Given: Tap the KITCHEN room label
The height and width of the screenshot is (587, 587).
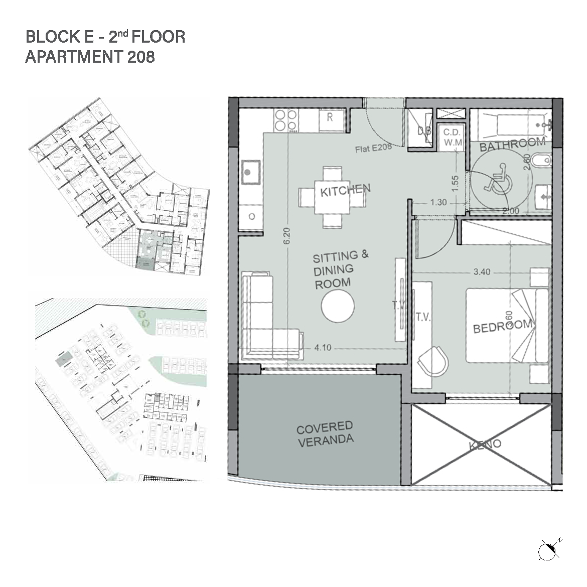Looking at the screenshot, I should tap(345, 191).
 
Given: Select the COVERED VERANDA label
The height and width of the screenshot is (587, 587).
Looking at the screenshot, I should tap(325, 433).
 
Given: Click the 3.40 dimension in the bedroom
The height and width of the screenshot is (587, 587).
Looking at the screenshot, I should tap(482, 272).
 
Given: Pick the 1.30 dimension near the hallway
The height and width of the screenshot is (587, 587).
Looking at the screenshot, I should tap(438, 203).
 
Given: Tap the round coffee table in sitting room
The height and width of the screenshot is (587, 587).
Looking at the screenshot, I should tap(338, 306).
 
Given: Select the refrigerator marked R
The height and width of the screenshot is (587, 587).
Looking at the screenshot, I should tap(331, 119).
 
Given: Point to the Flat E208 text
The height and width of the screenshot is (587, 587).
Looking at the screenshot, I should tap(373, 148).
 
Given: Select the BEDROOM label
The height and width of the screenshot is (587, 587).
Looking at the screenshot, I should tap(503, 326).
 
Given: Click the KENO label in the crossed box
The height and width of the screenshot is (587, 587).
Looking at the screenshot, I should tap(485, 445).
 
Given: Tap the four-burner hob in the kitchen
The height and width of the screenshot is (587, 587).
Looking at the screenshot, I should tap(286, 120).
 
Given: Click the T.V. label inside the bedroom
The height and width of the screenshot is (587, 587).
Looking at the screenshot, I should tap(423, 317).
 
